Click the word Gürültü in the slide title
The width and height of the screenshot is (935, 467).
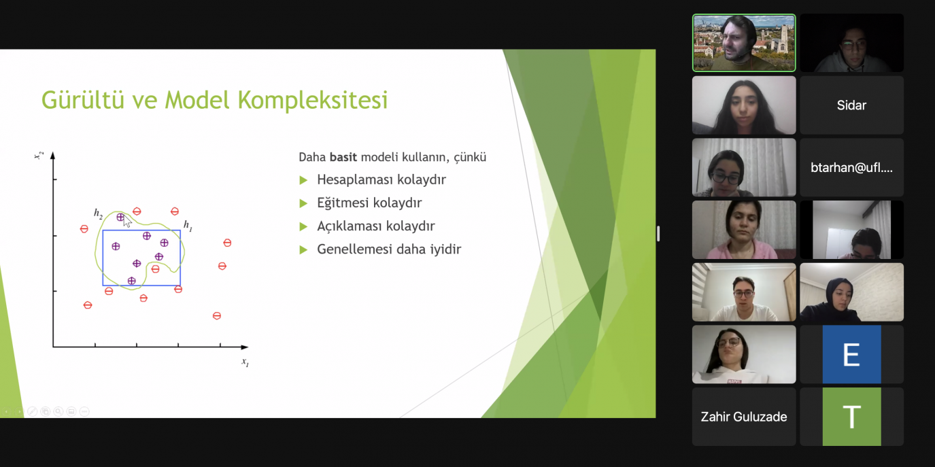pos(83,100)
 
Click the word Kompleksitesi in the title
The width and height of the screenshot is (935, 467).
pos(313,101)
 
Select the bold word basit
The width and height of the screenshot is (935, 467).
pos(343,157)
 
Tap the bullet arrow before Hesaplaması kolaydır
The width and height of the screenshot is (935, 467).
pos(303,180)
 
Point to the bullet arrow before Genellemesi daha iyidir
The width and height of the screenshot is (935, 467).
pos(303,250)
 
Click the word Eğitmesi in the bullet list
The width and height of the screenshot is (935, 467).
pos(342,203)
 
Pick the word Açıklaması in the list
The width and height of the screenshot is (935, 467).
pos(350,226)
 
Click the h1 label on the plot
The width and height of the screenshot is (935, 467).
pos(188,226)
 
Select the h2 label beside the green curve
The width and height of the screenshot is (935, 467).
pos(98,213)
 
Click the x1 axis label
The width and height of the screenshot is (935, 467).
pos(245,362)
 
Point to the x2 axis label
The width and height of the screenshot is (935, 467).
pos(39,155)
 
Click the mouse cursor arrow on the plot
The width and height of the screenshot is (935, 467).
pos(127,221)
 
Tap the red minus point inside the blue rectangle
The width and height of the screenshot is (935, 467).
pos(155,269)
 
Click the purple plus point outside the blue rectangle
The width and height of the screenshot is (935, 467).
pos(120,217)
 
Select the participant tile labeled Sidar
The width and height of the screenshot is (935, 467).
pos(851,105)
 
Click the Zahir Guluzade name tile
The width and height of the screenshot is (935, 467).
pos(744,417)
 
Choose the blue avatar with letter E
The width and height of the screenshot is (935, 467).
pos(851,354)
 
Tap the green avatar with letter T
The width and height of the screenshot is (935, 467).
pos(851,417)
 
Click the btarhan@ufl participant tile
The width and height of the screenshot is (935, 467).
pos(851,167)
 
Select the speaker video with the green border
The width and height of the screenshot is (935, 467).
pos(744,43)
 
